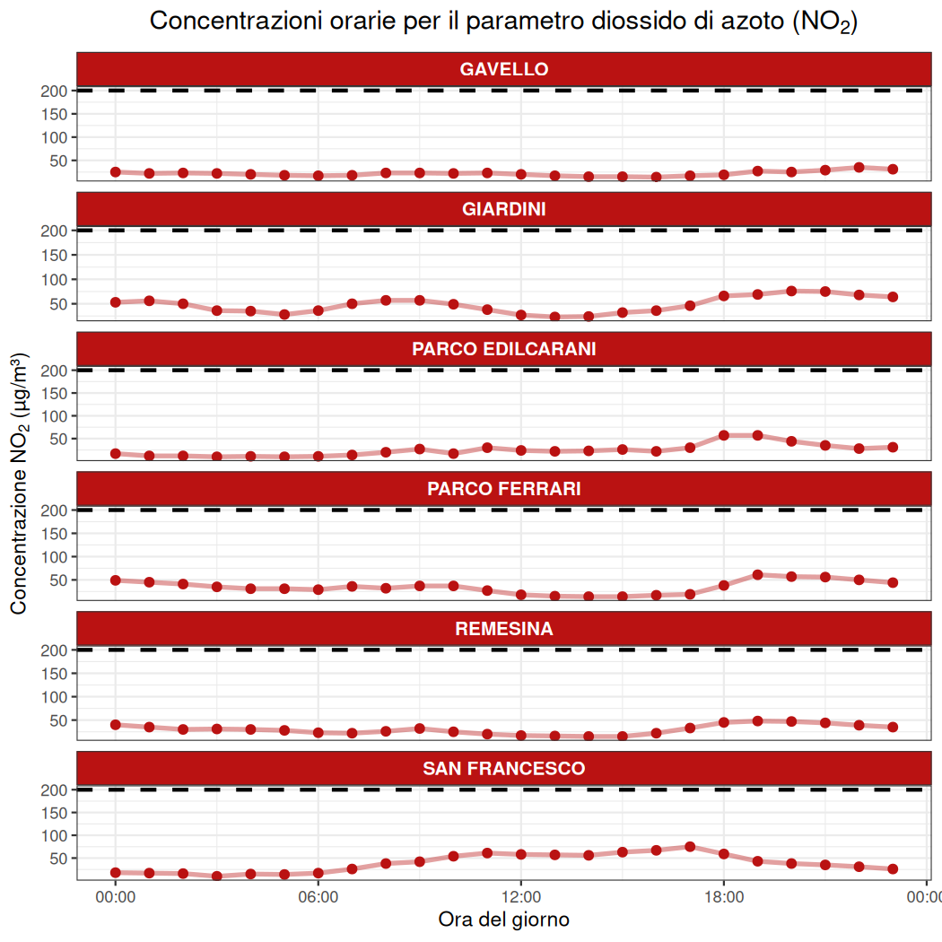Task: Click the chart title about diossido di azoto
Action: [x=503, y=22]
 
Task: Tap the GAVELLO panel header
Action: [x=503, y=69]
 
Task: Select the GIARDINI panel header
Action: [x=503, y=209]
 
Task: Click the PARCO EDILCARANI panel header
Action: [x=503, y=349]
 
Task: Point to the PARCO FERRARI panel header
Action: [x=503, y=489]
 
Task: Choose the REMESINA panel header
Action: [x=503, y=629]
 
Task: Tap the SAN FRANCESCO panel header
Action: [x=503, y=769]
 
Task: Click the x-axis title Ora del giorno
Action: [x=503, y=920]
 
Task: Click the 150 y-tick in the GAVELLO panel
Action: [x=56, y=114]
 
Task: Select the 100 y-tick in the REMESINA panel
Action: [x=56, y=697]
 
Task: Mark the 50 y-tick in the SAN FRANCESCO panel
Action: [x=59, y=859]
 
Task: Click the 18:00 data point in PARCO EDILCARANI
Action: [x=724, y=435]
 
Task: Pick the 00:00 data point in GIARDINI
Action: [x=116, y=302]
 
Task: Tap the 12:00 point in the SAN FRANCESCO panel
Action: [x=521, y=854]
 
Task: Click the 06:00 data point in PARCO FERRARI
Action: [x=318, y=589]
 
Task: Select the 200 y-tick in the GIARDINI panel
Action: [x=56, y=231]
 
